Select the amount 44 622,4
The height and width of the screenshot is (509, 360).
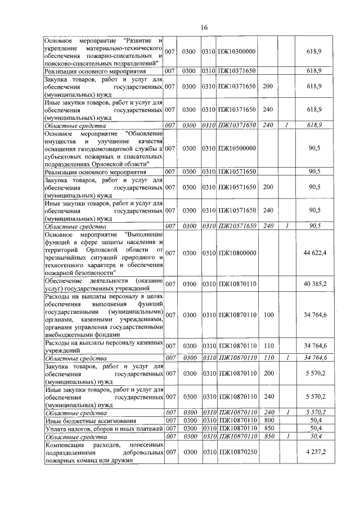315,253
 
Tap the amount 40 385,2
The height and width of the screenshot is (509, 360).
315,285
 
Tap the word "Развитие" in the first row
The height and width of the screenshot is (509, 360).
140,40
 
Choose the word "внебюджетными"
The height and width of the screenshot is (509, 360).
70,333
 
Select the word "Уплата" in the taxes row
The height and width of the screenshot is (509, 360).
57,428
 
